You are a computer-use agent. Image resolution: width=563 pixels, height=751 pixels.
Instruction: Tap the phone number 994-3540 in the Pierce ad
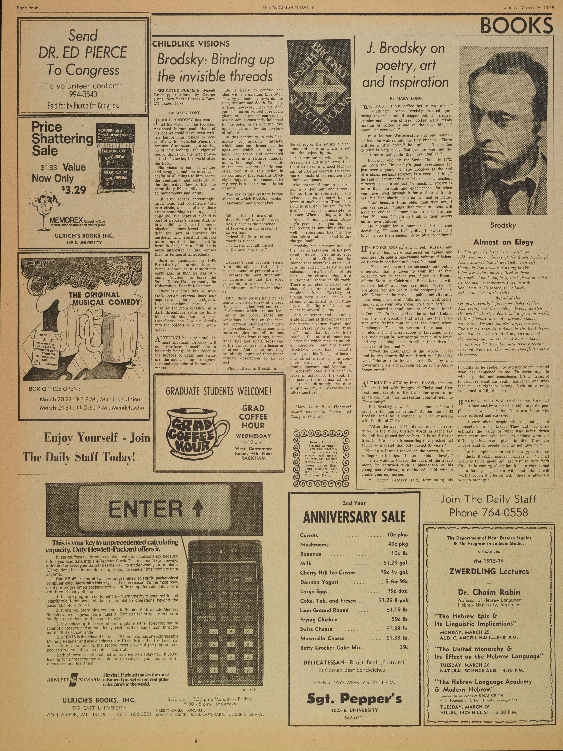tap(83, 94)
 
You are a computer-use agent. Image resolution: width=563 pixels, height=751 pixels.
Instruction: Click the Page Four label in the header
tap(27, 6)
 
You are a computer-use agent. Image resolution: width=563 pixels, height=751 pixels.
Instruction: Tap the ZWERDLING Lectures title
tap(489, 571)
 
